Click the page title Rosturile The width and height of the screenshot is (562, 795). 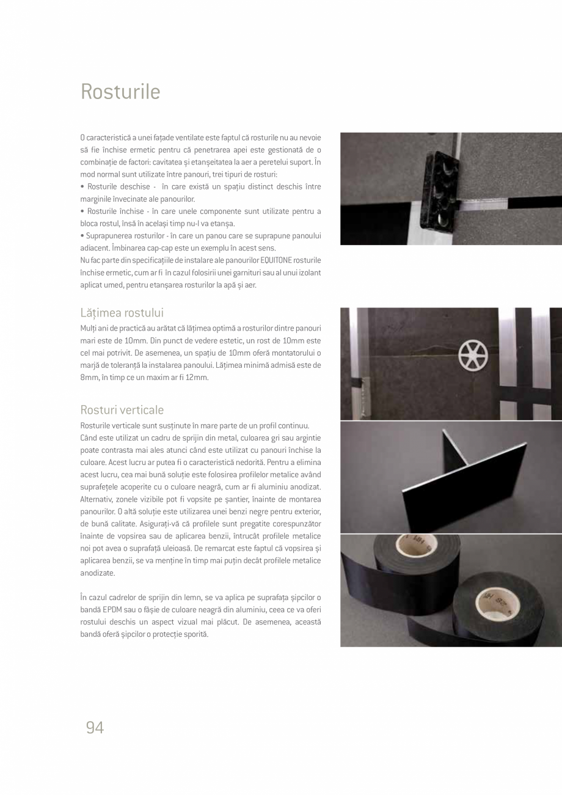coord(120,92)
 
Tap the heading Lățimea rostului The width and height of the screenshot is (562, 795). coord(122,313)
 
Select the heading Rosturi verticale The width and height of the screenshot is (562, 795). coord(122,409)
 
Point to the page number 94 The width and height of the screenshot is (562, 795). coord(95,727)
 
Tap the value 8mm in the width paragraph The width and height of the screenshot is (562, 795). coord(89,378)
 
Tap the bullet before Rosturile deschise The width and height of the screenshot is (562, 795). coord(82,186)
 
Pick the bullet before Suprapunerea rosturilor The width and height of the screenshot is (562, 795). coord(82,236)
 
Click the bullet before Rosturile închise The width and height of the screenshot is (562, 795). coord(82,211)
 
